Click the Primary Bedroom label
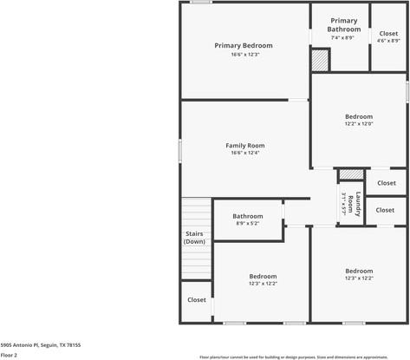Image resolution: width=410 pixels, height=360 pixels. [x=244, y=45]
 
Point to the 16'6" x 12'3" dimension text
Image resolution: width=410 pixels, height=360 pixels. [x=244, y=55]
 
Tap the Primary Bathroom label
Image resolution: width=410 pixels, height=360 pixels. [x=343, y=25]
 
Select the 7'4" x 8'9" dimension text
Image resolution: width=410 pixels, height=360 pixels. [x=343, y=39]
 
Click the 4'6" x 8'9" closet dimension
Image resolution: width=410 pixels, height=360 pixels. [x=388, y=41]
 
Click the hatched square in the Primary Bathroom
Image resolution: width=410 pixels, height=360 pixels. [x=321, y=61]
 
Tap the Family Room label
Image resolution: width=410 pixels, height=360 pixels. [x=244, y=145]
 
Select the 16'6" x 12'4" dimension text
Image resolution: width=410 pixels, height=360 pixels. [x=244, y=154]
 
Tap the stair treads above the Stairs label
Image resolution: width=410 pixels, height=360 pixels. [x=196, y=212]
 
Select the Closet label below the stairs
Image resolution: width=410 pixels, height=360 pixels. [x=197, y=299]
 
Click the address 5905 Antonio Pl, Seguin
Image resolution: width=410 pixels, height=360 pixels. [x=40, y=344]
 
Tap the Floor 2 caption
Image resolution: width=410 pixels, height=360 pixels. [x=9, y=355]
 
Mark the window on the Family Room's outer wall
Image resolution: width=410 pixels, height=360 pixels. [x=180, y=150]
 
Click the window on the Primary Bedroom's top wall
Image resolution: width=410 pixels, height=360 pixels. [x=201, y=3]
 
